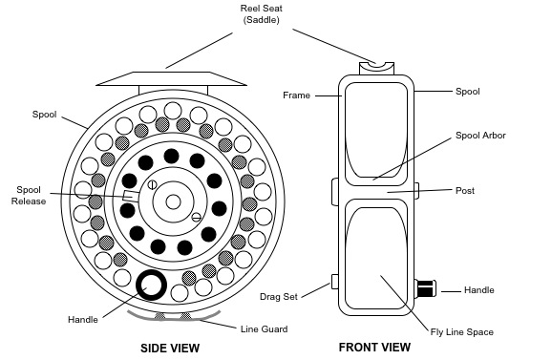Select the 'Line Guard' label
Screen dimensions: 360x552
point(265,328)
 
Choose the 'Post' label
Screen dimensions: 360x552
point(465,191)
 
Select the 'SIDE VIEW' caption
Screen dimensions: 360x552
point(170,349)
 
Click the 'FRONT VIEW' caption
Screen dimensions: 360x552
point(375,348)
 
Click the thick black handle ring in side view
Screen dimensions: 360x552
point(151,285)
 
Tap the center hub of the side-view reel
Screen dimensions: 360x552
point(172,201)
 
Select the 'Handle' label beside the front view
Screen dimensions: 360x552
point(479,289)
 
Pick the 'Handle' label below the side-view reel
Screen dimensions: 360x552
point(83,318)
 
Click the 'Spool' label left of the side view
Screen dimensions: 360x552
point(44,115)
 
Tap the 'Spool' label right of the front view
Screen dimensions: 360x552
point(467,92)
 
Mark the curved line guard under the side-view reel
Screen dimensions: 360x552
point(173,315)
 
